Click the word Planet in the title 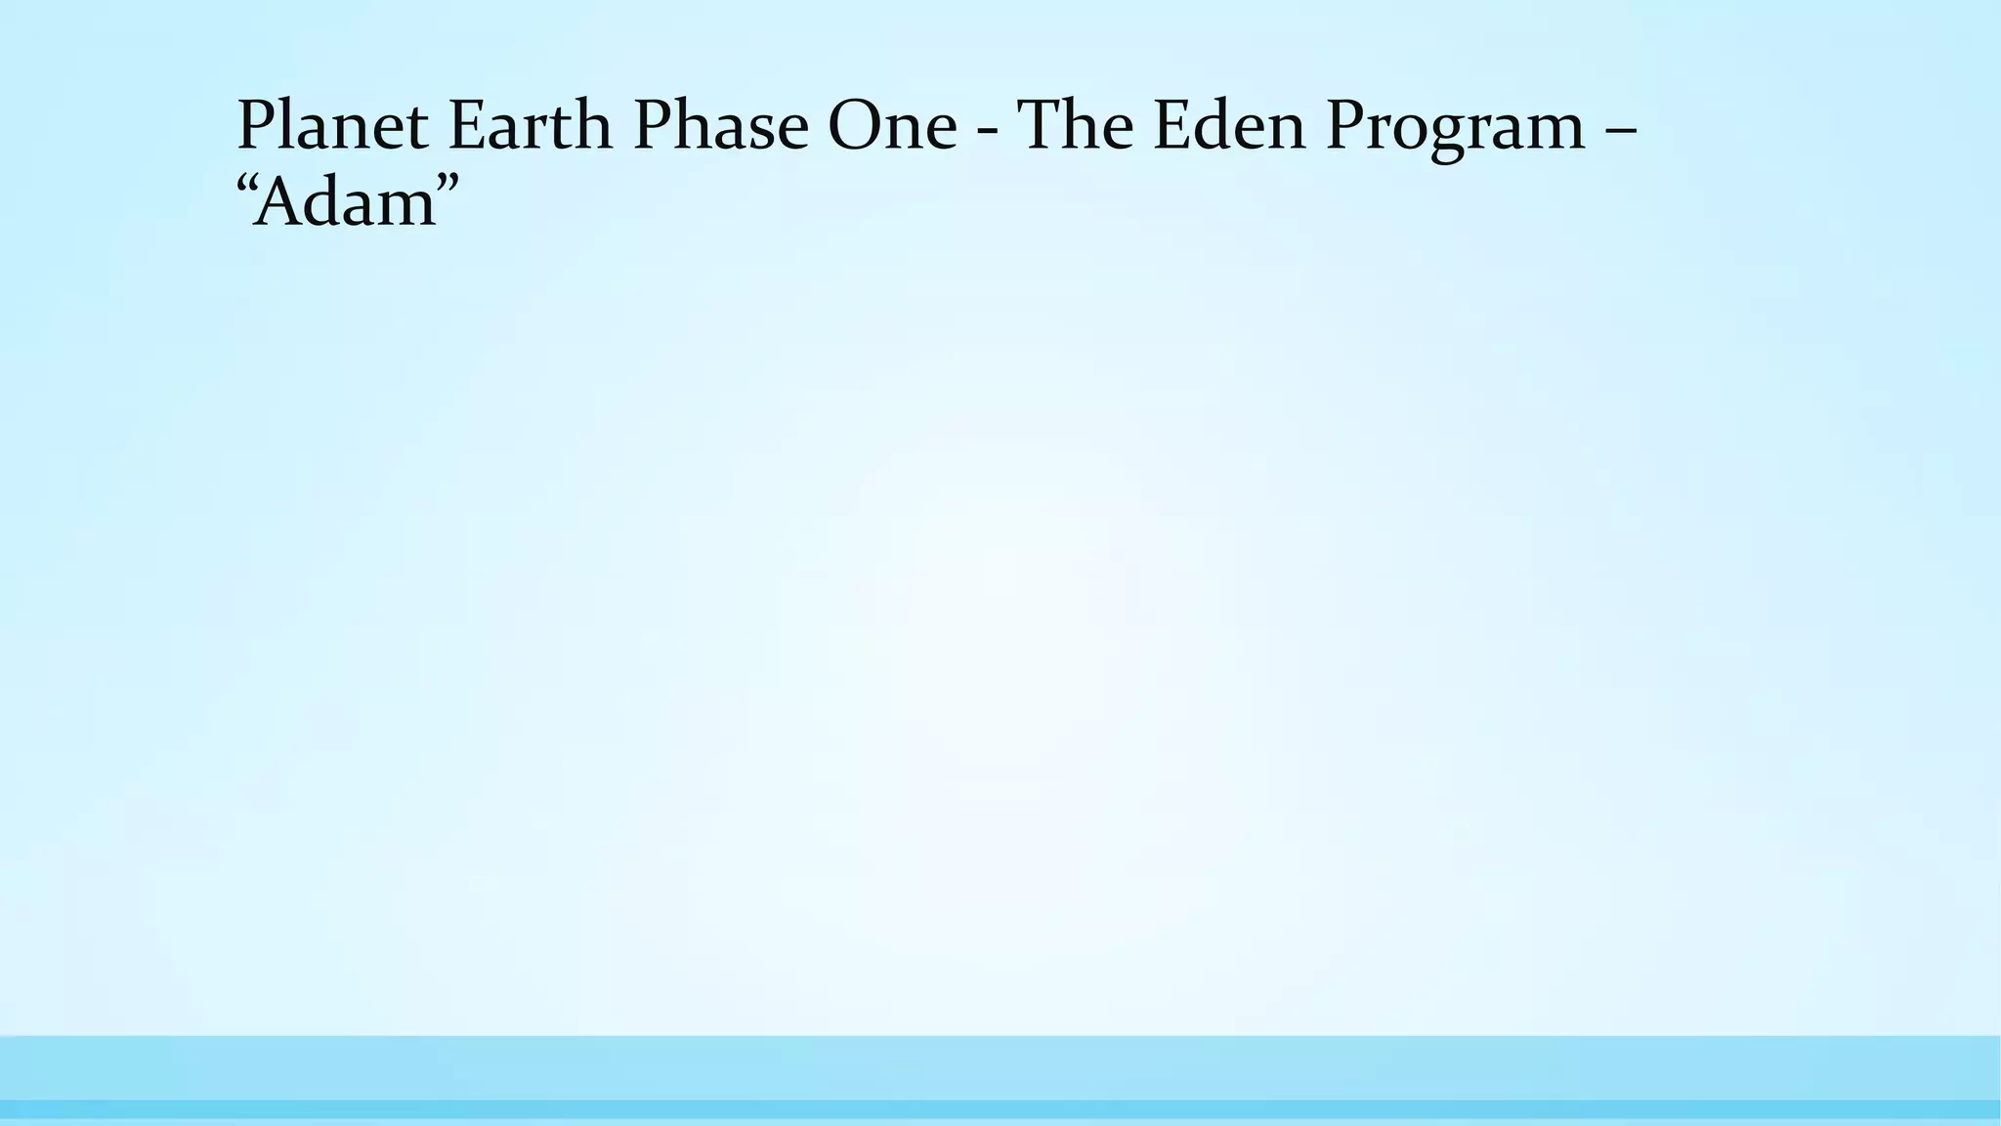click(332, 126)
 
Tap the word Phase click(721, 126)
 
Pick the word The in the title click(1074, 126)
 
